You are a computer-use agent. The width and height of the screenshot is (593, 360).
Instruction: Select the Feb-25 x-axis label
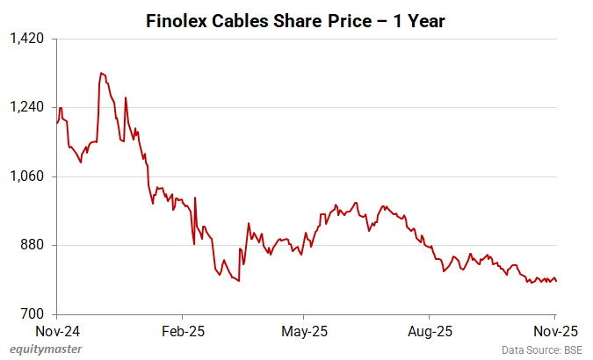click(x=183, y=331)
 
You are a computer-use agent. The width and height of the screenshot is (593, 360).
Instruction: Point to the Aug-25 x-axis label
click(x=430, y=331)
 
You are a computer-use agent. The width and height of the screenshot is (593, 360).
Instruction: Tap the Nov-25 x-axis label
click(x=555, y=331)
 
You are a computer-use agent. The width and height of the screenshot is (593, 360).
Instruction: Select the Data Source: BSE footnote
click(x=543, y=349)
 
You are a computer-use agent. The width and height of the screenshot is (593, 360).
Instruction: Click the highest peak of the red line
click(x=101, y=73)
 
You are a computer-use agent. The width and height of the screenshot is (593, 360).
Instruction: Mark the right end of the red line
click(x=556, y=281)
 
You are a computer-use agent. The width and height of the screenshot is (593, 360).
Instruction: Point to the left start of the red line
click(x=56, y=123)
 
